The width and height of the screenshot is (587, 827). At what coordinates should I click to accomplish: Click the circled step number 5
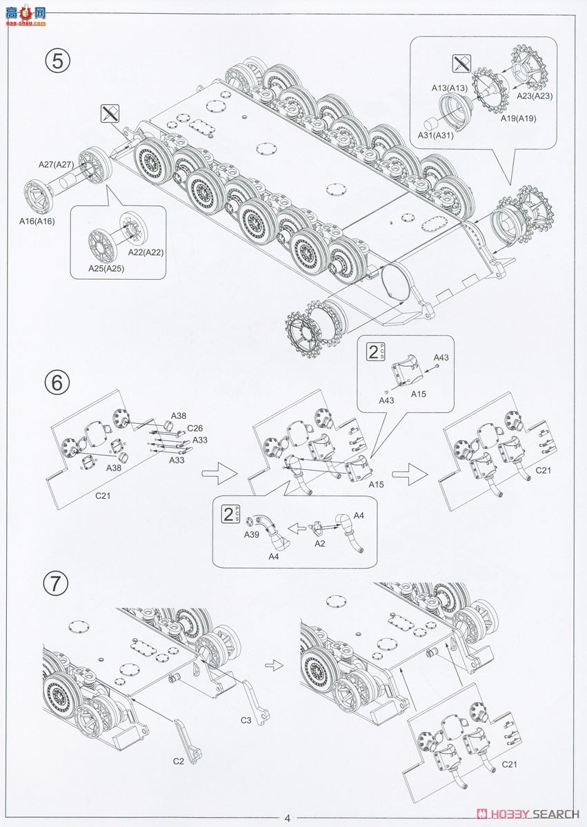[x=58, y=61]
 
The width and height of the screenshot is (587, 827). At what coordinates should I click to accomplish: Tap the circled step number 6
[x=57, y=382]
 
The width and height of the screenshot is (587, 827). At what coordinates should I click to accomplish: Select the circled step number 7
[x=56, y=584]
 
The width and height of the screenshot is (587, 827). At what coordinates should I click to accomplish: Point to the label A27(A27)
[x=56, y=164]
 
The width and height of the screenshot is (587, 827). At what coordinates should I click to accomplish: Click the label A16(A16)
[x=37, y=221]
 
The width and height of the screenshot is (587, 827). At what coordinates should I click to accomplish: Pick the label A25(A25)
[x=106, y=268]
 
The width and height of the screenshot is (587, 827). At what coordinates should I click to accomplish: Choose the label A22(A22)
[x=145, y=252]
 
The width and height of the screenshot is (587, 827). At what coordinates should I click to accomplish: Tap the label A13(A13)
[x=449, y=88]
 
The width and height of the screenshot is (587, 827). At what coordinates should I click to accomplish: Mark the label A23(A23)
[x=535, y=96]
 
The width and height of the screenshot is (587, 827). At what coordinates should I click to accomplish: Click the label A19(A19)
[x=518, y=119]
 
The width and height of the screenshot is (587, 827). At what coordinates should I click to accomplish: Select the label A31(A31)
[x=435, y=135]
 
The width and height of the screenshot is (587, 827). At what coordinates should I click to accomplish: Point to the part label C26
[x=195, y=427]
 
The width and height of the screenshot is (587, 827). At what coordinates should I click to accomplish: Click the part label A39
[x=250, y=534]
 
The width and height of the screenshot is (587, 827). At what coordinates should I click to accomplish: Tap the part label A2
[x=319, y=543]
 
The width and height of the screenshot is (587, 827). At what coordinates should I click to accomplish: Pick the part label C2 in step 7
[x=178, y=761]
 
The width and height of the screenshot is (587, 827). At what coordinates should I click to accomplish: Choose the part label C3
[x=246, y=720]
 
